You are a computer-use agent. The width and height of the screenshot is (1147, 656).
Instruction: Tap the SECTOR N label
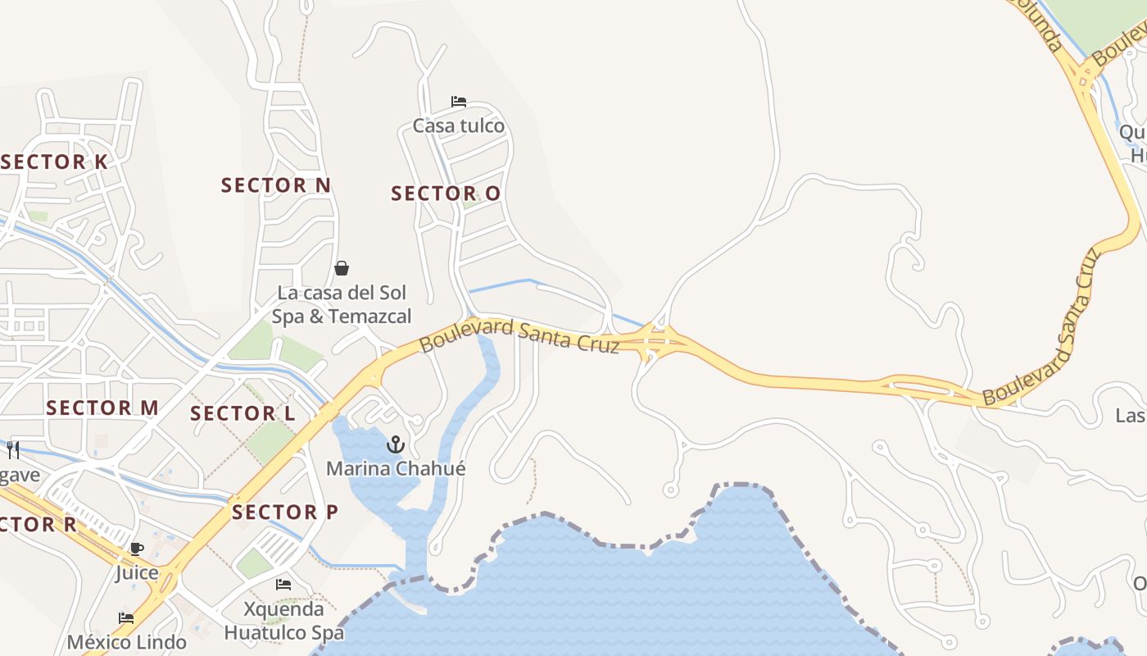click(276, 185)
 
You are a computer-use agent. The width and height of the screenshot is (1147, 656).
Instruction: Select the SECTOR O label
click(446, 194)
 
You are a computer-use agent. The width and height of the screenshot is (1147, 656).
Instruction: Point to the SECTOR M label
click(102, 408)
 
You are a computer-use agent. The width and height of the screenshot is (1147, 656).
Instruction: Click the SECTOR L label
click(243, 413)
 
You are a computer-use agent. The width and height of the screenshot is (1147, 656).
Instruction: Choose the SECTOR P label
click(285, 512)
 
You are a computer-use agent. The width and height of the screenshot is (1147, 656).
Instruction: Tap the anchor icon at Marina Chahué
click(396, 445)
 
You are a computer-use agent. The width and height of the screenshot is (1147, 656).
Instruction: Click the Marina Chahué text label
click(396, 469)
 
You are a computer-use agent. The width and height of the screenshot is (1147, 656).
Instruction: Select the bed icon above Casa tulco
click(459, 102)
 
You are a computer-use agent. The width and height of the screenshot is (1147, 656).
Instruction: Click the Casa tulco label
click(459, 125)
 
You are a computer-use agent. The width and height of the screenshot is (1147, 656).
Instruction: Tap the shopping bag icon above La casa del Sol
click(342, 269)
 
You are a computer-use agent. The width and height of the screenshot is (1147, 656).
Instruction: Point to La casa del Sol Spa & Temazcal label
click(342, 304)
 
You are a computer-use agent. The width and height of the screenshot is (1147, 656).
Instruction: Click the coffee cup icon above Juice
click(137, 549)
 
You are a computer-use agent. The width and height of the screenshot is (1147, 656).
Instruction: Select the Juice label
click(137, 572)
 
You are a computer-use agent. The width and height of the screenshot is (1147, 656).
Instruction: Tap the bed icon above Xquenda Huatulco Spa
click(283, 585)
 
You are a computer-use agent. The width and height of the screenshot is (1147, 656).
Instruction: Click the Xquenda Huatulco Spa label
click(283, 621)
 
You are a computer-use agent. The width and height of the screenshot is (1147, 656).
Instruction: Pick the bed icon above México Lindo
click(126, 618)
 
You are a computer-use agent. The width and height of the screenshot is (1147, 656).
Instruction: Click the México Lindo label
click(126, 641)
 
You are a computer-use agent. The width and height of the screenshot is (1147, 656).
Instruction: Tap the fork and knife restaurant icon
click(13, 449)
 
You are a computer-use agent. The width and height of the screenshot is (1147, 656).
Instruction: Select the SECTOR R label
click(39, 524)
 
